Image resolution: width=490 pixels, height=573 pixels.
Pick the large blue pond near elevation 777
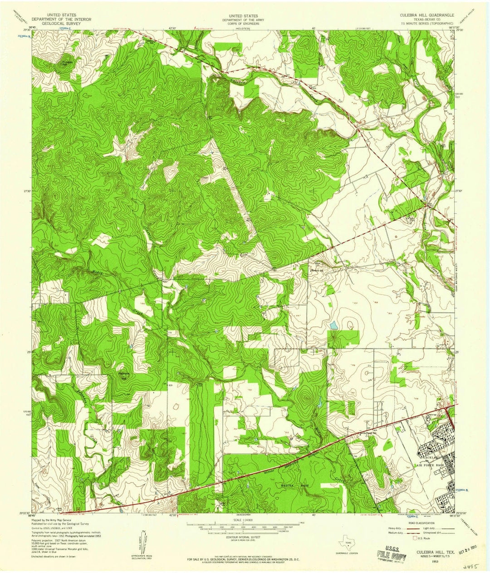[x=334, y=325]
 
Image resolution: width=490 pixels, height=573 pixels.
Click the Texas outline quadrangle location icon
[x=347, y=544]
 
